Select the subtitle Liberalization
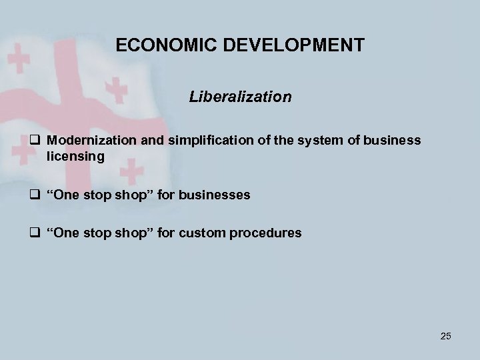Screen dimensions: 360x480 (x=240, y=97)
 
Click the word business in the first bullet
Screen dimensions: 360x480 (x=393, y=140)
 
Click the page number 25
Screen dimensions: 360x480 (x=446, y=335)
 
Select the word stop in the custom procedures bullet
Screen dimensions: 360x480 (x=100, y=233)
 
